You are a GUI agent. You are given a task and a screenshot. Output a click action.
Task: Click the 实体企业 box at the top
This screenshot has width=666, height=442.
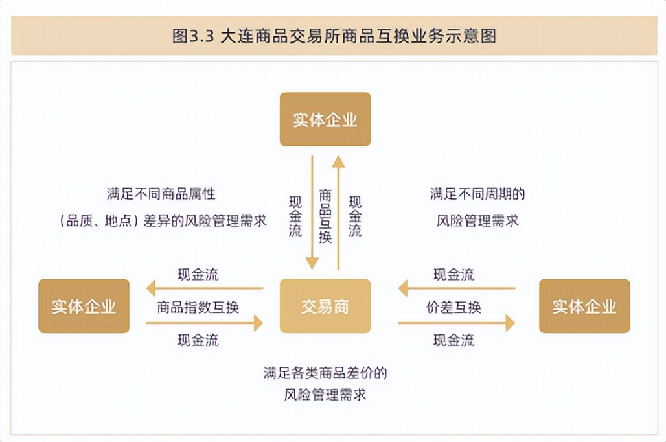tap(325, 119)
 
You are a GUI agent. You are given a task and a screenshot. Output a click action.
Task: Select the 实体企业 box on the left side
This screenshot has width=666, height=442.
tap(84, 306)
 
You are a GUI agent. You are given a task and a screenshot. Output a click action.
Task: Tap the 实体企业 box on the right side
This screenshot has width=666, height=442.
tap(584, 306)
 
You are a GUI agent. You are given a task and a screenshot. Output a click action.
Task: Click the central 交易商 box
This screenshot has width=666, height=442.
tap(325, 306)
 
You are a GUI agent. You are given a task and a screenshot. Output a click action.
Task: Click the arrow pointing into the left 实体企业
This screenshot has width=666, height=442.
tap(205, 288)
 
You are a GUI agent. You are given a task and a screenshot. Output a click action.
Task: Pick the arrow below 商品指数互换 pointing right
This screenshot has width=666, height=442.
tap(205, 323)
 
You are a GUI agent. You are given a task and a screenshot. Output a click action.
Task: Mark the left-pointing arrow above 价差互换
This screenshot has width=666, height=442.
tap(456, 288)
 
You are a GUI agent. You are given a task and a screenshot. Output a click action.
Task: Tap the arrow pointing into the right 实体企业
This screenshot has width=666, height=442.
tap(456, 323)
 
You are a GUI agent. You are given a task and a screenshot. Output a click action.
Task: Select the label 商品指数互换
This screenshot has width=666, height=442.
tap(198, 307)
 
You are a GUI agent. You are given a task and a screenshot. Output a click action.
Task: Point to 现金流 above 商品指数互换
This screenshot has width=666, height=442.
tap(198, 274)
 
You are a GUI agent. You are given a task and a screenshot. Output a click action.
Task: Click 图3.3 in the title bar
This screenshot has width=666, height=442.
tap(194, 36)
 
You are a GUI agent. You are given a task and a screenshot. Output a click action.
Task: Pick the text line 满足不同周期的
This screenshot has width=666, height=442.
tap(477, 194)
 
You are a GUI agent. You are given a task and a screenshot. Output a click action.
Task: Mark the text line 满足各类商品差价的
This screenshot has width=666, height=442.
tap(325, 373)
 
